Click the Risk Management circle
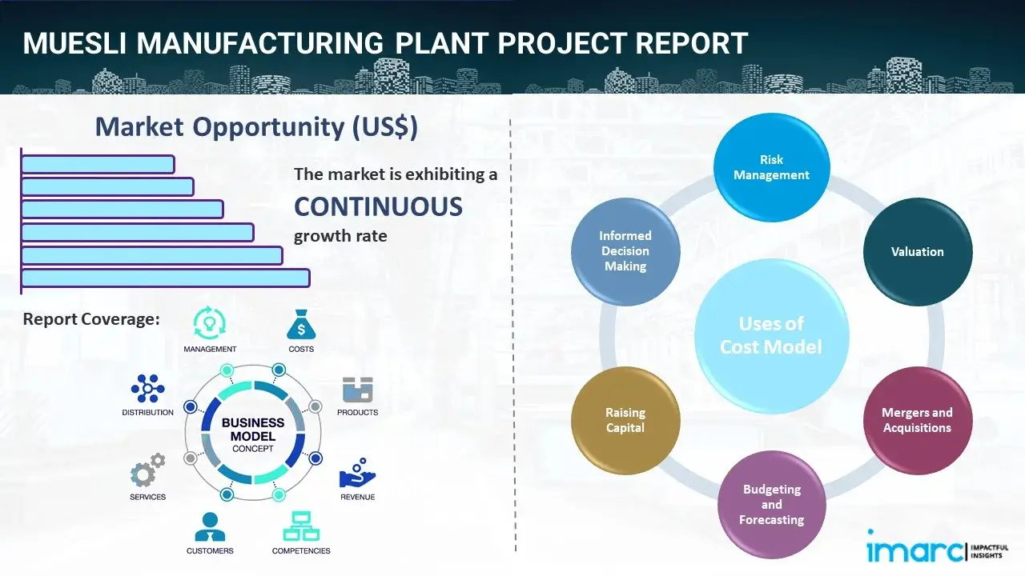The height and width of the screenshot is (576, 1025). point(771,167)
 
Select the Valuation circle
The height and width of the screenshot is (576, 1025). point(917,251)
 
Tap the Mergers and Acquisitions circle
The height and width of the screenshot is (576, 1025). point(917,420)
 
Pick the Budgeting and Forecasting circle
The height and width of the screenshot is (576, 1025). point(771,504)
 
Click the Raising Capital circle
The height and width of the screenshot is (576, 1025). point(625,420)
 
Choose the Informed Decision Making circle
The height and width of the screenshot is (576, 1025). point(625,251)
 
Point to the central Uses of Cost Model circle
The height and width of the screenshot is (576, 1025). point(771,335)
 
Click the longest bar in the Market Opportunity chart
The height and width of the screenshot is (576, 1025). point(165,278)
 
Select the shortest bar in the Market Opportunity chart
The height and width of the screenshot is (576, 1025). point(98,164)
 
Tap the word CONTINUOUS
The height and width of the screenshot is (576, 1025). point(378,206)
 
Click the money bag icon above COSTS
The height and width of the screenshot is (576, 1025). point(300,325)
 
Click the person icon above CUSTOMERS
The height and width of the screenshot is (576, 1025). point(210,526)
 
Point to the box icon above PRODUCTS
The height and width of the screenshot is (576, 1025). point(357,390)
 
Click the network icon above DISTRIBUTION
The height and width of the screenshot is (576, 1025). point(147,389)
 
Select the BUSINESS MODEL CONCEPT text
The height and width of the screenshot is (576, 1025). point(253,434)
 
